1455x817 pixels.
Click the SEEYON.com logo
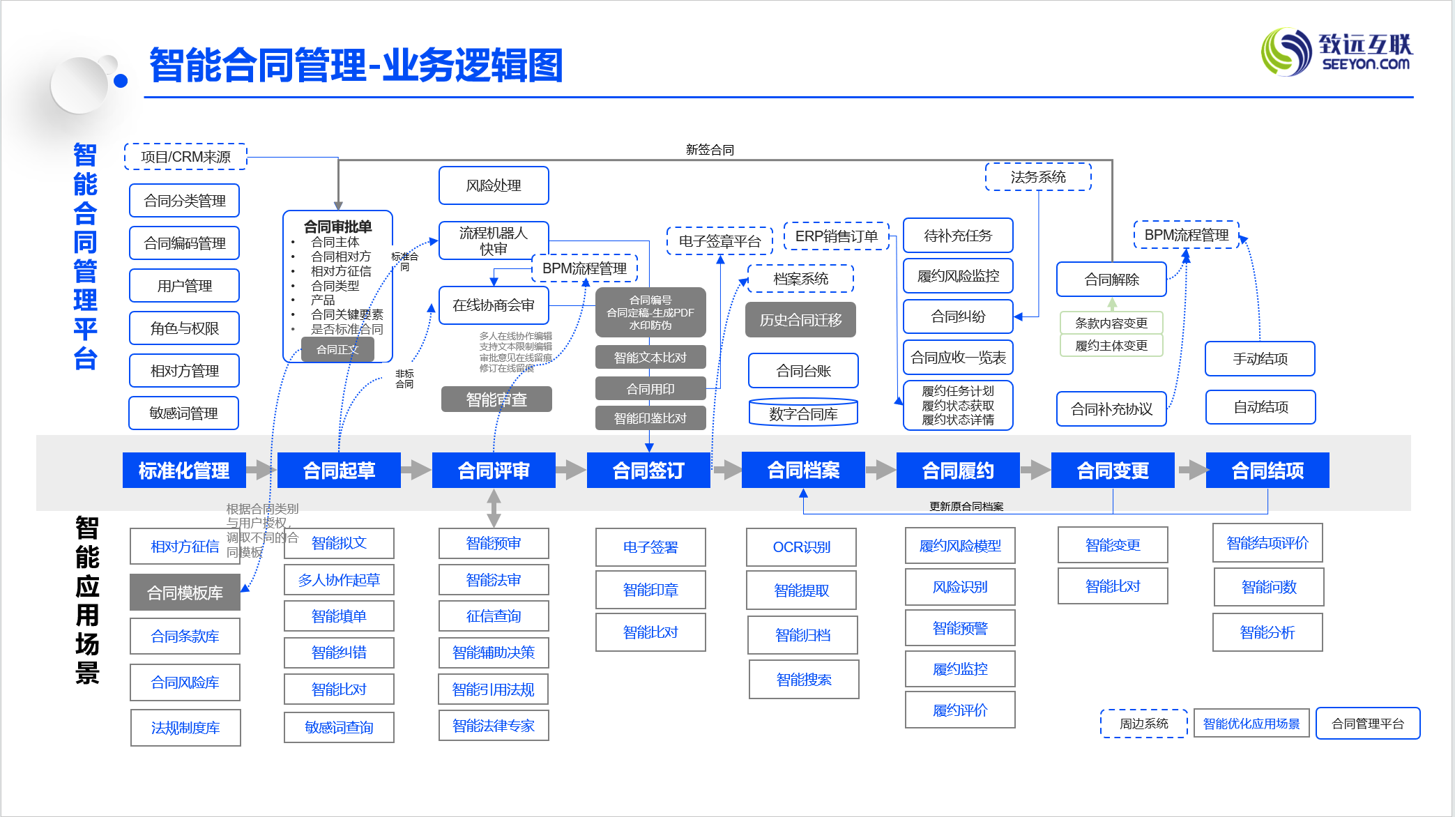point(1336,52)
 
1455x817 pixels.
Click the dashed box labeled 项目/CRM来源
point(185,157)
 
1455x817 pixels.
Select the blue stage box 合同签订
point(648,471)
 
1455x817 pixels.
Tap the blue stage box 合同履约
point(958,471)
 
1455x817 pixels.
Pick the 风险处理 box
point(494,185)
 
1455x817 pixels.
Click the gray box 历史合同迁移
point(800,320)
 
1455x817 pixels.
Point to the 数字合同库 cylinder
point(803,412)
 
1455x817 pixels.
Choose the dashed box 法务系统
point(1038,177)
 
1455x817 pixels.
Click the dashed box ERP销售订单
point(837,236)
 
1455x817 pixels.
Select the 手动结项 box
point(1260,359)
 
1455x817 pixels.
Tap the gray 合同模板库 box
point(185,593)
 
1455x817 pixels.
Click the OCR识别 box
point(801,547)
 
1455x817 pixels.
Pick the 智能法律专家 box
point(494,726)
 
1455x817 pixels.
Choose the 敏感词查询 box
point(339,727)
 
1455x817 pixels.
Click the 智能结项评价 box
point(1267,543)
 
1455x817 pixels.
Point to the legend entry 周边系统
point(1143,724)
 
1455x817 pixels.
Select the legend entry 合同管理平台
point(1367,724)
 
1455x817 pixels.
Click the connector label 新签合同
point(710,150)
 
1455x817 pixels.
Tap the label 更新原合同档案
point(966,506)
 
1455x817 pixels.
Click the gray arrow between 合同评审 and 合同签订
point(571,471)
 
